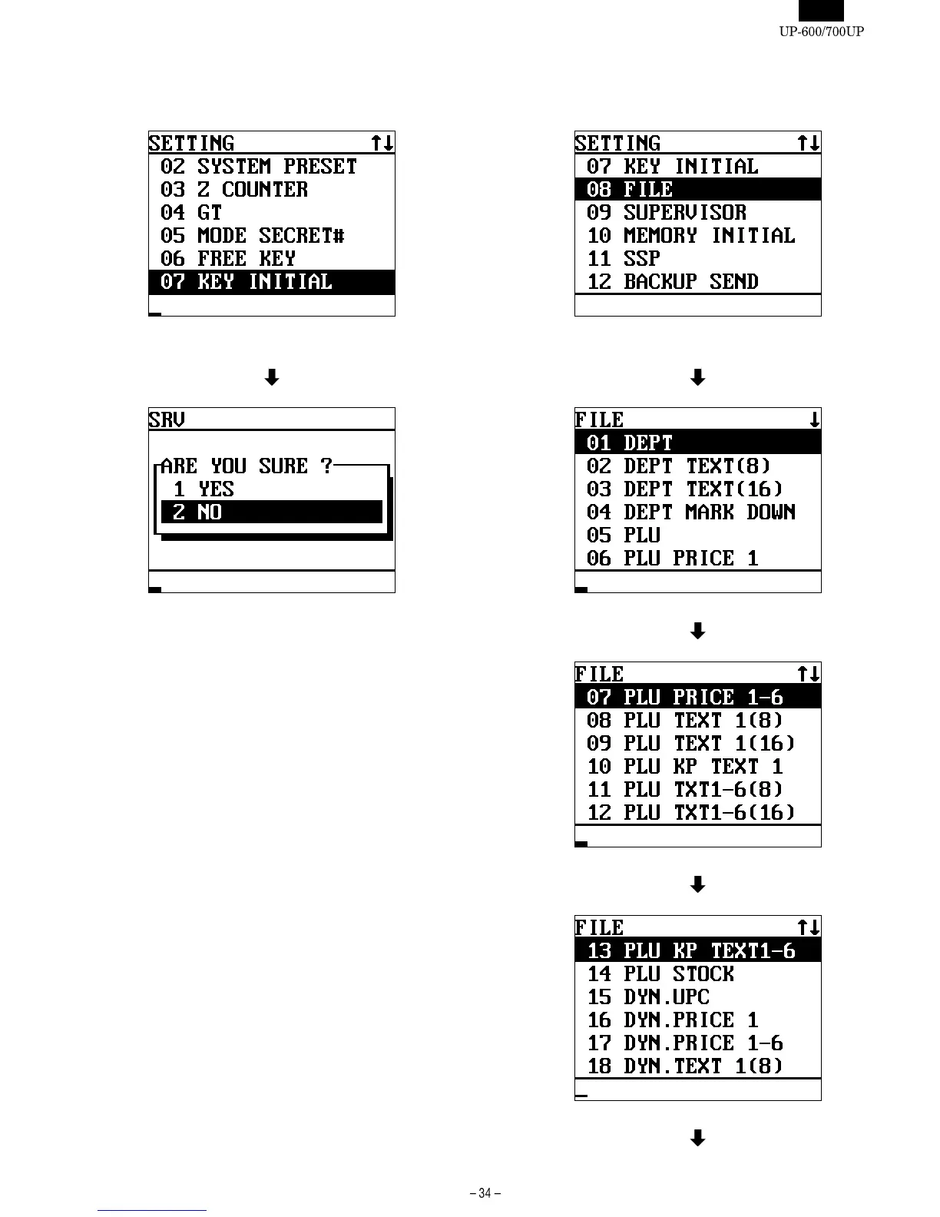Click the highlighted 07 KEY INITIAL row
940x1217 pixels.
271,282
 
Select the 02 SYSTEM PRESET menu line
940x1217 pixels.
259,167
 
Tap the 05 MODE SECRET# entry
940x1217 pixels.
252,236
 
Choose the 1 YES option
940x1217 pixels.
204,489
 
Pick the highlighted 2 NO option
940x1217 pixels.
271,512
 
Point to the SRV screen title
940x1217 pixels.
167,420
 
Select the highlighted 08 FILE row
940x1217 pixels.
697,190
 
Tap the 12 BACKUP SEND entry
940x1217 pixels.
672,282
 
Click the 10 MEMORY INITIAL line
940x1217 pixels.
690,236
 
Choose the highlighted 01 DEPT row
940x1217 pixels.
697,443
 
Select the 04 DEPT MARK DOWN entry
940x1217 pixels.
690,512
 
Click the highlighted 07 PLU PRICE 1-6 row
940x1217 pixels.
697,698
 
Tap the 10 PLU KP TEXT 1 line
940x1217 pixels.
684,767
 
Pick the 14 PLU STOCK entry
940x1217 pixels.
660,974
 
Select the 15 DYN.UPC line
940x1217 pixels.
648,997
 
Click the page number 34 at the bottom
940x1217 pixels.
485,1193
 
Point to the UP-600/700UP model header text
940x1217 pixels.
821,32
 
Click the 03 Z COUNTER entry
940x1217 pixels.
234,190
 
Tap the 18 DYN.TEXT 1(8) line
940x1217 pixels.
684,1066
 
